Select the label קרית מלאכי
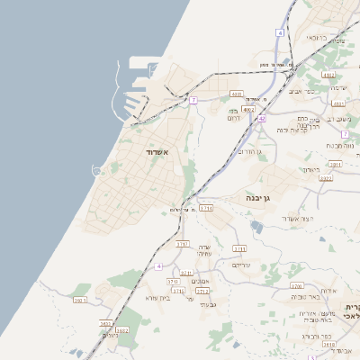pyautogui.click(x=353, y=310)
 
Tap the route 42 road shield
pyautogui.click(x=261, y=118)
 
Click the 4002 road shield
pyautogui.click(x=248, y=109)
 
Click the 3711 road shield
pyautogui.click(x=206, y=208)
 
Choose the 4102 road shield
pyautogui.click(x=328, y=76)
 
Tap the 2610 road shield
pyautogui.click(x=328, y=344)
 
